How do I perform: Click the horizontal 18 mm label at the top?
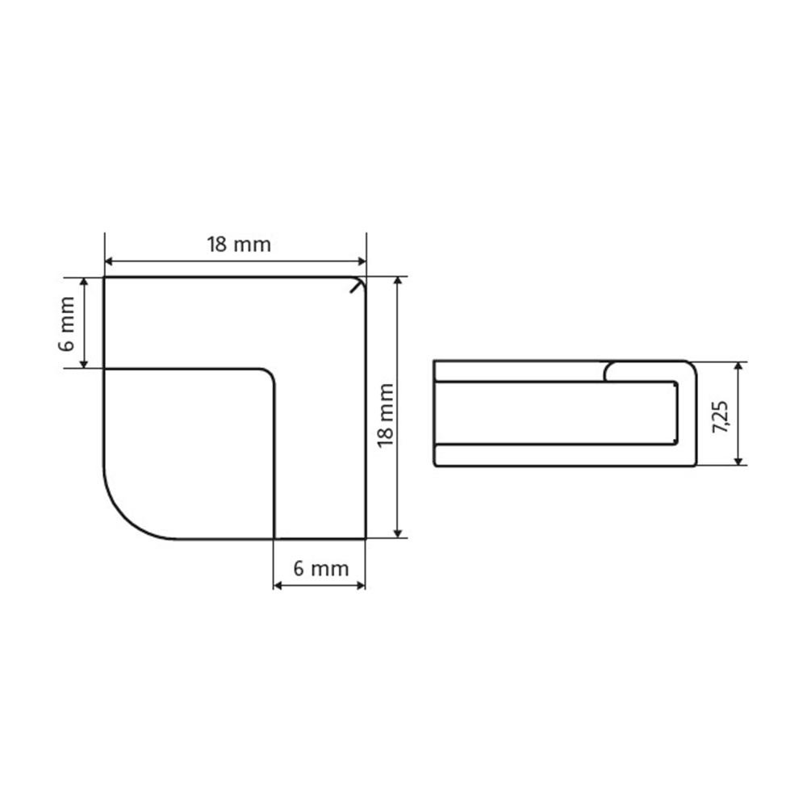[239, 245]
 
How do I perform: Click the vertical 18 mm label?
[386, 416]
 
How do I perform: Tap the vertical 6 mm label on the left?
[67, 324]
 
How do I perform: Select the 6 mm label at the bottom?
[321, 569]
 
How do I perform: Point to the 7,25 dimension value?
[720, 416]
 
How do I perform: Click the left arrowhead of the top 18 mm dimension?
[108, 261]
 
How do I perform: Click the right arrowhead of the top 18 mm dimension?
[362, 261]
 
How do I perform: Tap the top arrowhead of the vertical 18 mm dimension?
[397, 281]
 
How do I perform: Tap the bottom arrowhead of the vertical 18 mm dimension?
[397, 534]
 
